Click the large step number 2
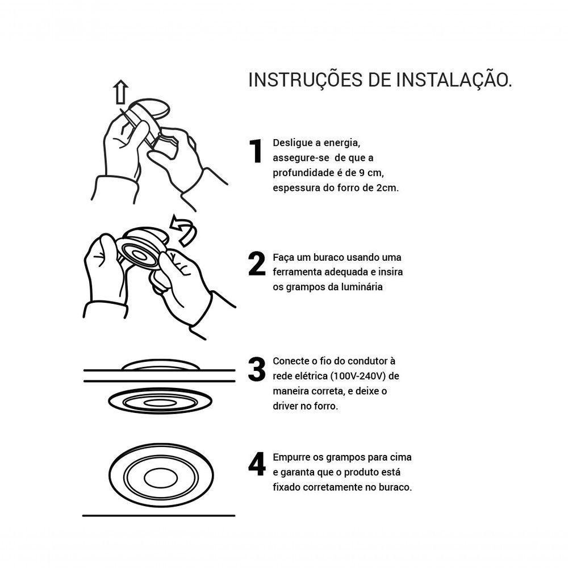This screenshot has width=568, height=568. (x=257, y=264)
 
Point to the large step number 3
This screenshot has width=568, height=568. (x=257, y=370)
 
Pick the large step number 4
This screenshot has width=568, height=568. (x=257, y=465)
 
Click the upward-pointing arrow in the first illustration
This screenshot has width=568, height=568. (x=120, y=92)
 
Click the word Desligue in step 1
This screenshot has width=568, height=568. (x=291, y=143)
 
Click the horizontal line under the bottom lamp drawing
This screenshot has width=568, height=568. (x=158, y=516)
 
